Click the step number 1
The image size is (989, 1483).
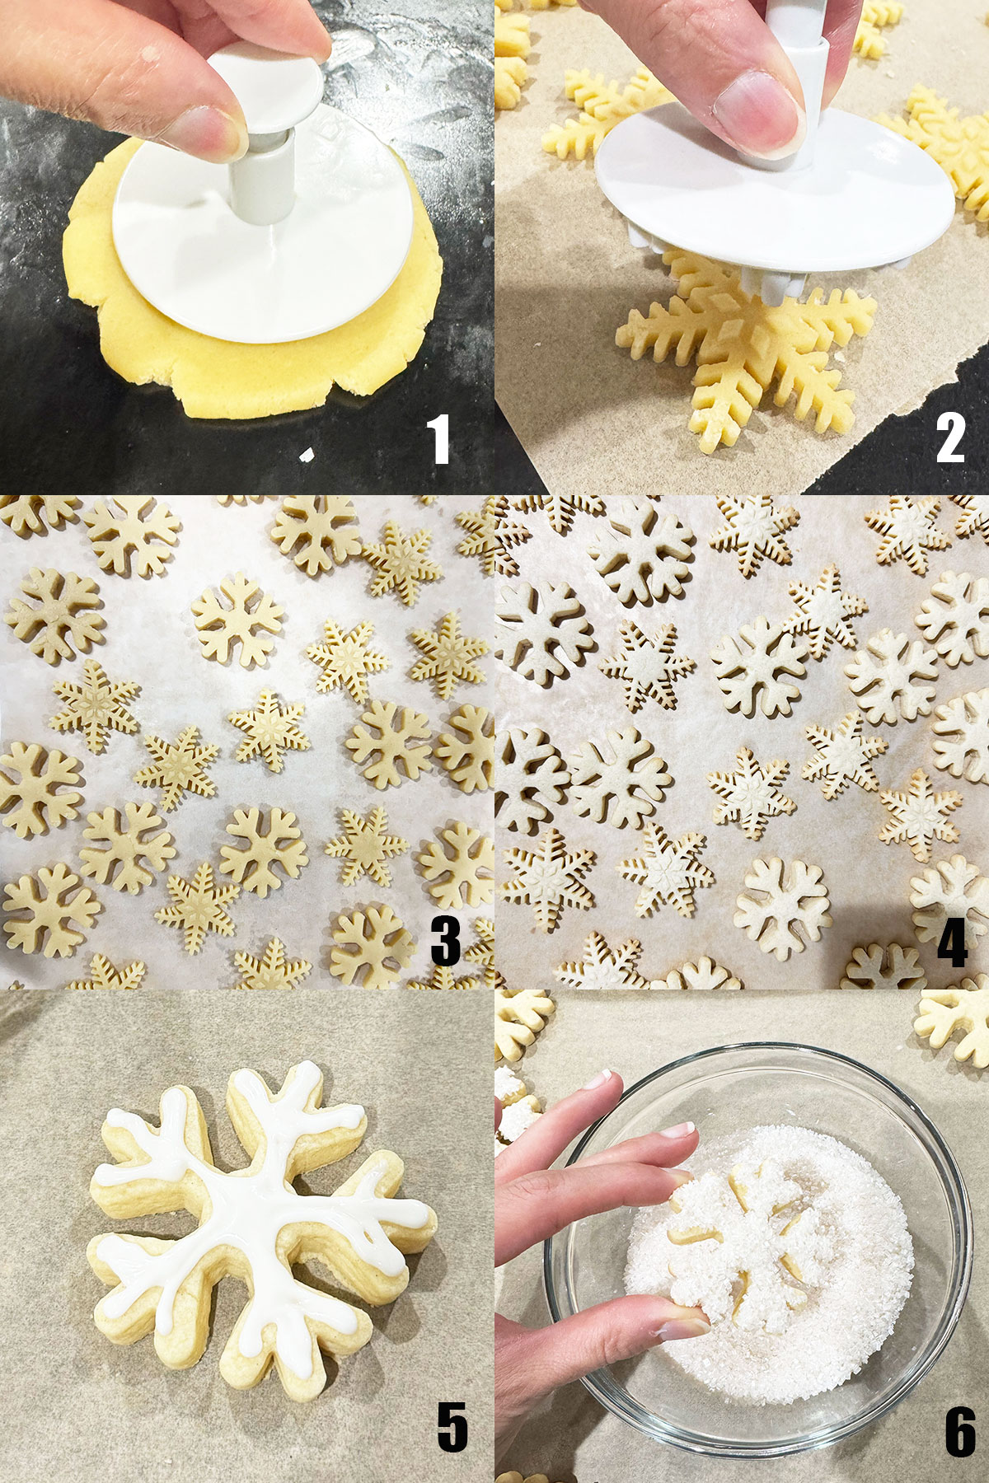tap(438, 439)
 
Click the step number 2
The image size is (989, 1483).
tap(949, 439)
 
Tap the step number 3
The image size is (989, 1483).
tap(445, 941)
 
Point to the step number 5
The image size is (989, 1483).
tap(452, 1428)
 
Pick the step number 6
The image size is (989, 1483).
tap(960, 1431)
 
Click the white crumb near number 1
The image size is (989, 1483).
tap(306, 454)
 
